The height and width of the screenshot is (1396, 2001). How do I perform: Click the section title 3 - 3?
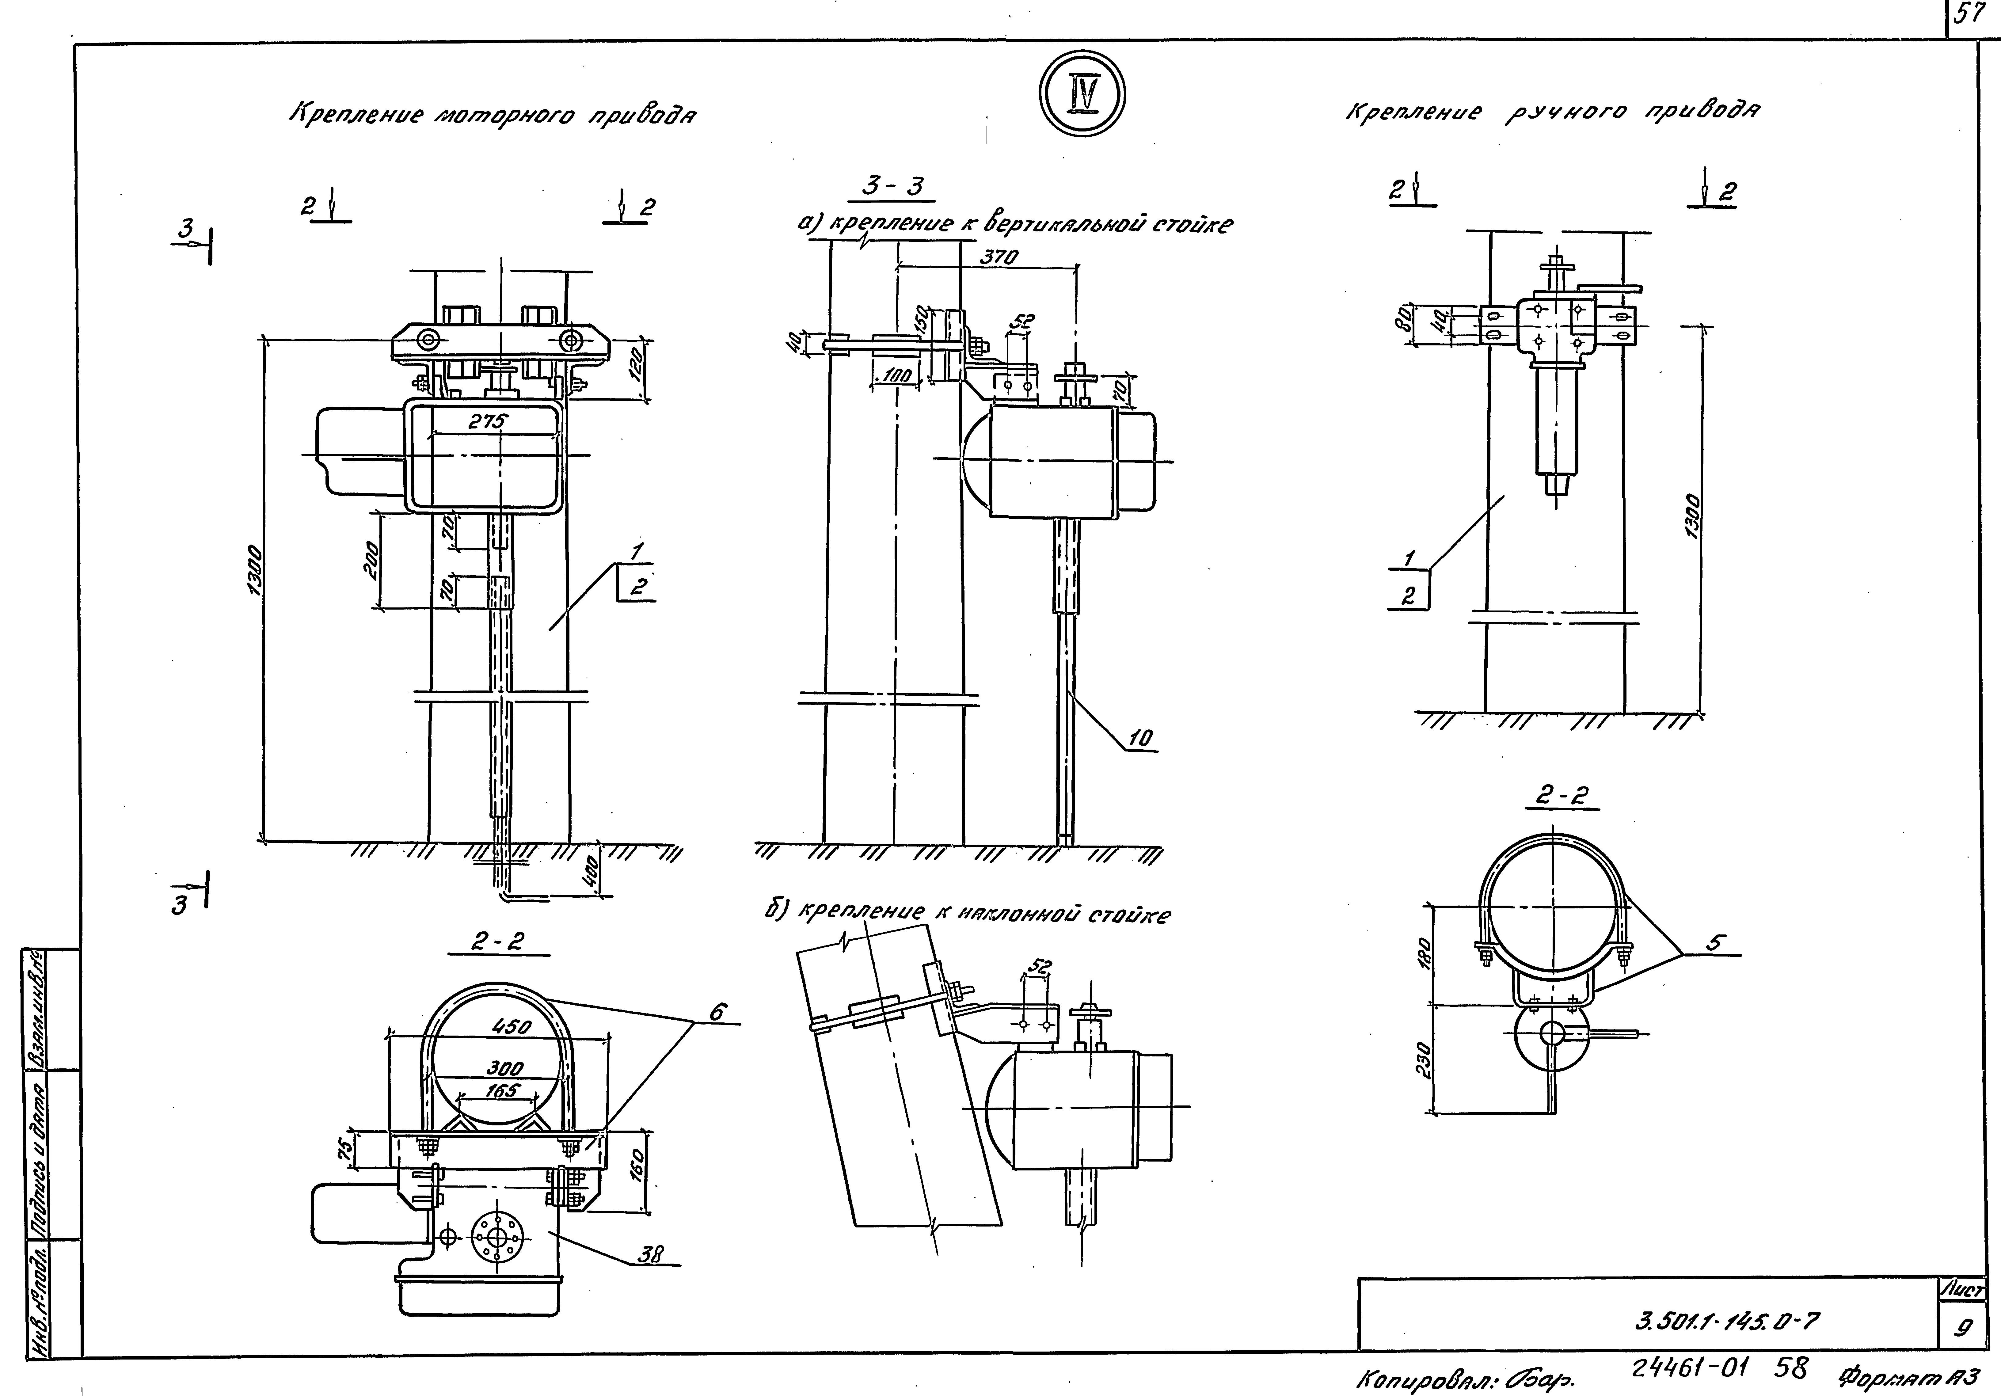tap(892, 186)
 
